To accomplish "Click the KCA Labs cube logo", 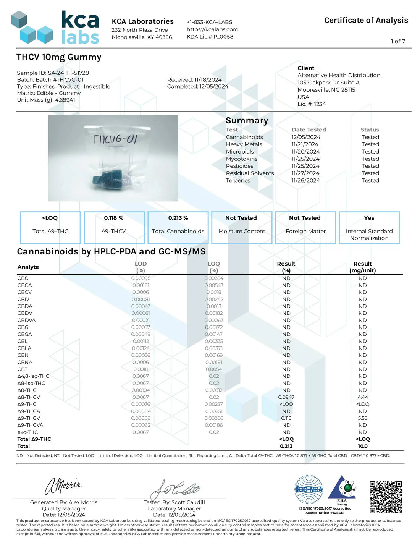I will tap(32, 28).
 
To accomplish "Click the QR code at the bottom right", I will tap(386, 497).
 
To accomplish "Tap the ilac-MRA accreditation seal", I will tap(309, 489).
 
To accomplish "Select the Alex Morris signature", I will tap(63, 486).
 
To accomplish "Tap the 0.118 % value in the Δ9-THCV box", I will tap(114, 218).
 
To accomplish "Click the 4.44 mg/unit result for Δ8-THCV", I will tap(362, 397).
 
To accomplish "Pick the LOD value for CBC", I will tap(141, 278).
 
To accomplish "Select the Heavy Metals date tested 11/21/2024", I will tap(305, 144).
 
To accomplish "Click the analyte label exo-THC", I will tap(27, 432).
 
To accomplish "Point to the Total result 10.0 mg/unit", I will tap(362, 446).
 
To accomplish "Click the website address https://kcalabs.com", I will tap(212, 29).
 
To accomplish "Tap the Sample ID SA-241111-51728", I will tap(68, 73).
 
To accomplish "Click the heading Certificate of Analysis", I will tap(366, 20).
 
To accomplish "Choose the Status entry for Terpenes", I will tap(370, 180).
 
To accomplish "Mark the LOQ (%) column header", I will tap(214, 267).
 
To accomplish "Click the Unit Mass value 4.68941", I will tap(65, 100).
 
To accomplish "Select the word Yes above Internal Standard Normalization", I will tap(369, 218).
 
